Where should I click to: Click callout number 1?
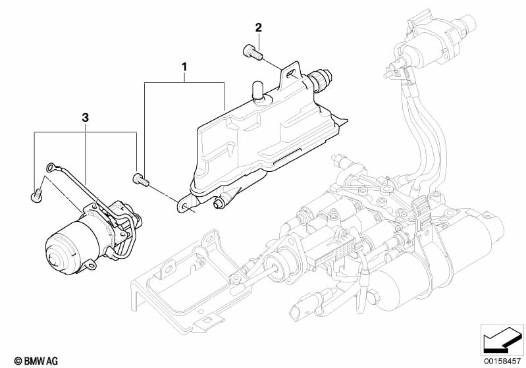(185, 67)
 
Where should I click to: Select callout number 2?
(258, 28)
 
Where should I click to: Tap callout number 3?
(85, 118)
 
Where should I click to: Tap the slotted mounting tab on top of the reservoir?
(288, 76)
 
